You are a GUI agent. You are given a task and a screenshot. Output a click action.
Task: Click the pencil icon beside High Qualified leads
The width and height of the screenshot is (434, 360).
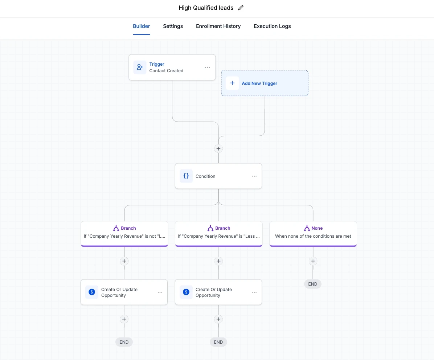[x=241, y=8]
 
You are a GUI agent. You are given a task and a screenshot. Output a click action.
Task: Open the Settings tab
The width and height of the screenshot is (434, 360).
[x=173, y=26]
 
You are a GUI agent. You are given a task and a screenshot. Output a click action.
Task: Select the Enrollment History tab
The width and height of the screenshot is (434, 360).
[x=218, y=26]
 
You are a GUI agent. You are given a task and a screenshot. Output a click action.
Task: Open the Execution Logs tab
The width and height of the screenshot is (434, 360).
[x=272, y=26]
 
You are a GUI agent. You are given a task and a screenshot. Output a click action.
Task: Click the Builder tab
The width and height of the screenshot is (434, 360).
[x=141, y=26]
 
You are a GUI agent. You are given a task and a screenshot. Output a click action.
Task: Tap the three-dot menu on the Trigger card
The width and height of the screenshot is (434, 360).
[x=207, y=67]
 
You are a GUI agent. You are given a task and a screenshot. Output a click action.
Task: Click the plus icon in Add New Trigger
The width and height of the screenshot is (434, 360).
[x=232, y=83]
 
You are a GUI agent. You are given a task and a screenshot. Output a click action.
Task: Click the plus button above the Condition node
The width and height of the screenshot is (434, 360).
[x=218, y=148]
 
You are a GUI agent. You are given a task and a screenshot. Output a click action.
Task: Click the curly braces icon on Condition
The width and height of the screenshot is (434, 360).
[x=186, y=176]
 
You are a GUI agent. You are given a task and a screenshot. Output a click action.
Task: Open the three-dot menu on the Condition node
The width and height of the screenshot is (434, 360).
[x=254, y=176]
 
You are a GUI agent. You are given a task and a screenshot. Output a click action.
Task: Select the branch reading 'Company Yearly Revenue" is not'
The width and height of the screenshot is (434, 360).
[x=124, y=234]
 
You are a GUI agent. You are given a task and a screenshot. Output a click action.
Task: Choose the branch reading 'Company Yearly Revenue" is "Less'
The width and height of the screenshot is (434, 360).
[x=219, y=234]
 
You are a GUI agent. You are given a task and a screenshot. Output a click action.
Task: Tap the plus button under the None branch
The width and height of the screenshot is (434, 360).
[x=313, y=261]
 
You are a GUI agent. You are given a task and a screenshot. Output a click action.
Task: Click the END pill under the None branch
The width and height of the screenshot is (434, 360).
[x=313, y=284]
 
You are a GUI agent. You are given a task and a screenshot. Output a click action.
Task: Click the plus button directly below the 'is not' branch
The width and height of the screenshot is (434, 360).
[x=124, y=261]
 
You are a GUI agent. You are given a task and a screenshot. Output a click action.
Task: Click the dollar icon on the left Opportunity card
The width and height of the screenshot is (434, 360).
[x=91, y=292]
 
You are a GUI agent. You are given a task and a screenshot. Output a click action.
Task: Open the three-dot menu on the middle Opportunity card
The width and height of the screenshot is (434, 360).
[x=254, y=292]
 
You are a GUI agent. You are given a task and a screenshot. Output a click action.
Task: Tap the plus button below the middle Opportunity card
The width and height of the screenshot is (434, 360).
[x=218, y=319]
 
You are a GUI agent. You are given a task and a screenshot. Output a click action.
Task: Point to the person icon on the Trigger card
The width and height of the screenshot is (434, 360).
[x=140, y=67]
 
